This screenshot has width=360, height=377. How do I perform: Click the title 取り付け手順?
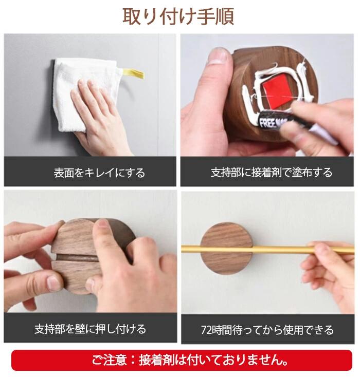click(x=178, y=16)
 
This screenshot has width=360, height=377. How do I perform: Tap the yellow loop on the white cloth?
click(x=134, y=73)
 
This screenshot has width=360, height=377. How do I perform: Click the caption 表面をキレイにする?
click(x=99, y=173)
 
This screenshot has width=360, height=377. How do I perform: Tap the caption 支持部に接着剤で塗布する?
click(x=272, y=173)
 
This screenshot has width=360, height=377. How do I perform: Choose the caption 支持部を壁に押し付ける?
click(x=90, y=329)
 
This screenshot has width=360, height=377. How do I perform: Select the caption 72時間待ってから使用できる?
click(x=267, y=330)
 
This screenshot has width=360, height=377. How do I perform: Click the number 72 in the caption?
click(x=206, y=330)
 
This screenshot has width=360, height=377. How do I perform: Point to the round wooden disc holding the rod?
click(x=226, y=248)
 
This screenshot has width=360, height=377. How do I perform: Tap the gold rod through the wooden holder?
click(x=267, y=249)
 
